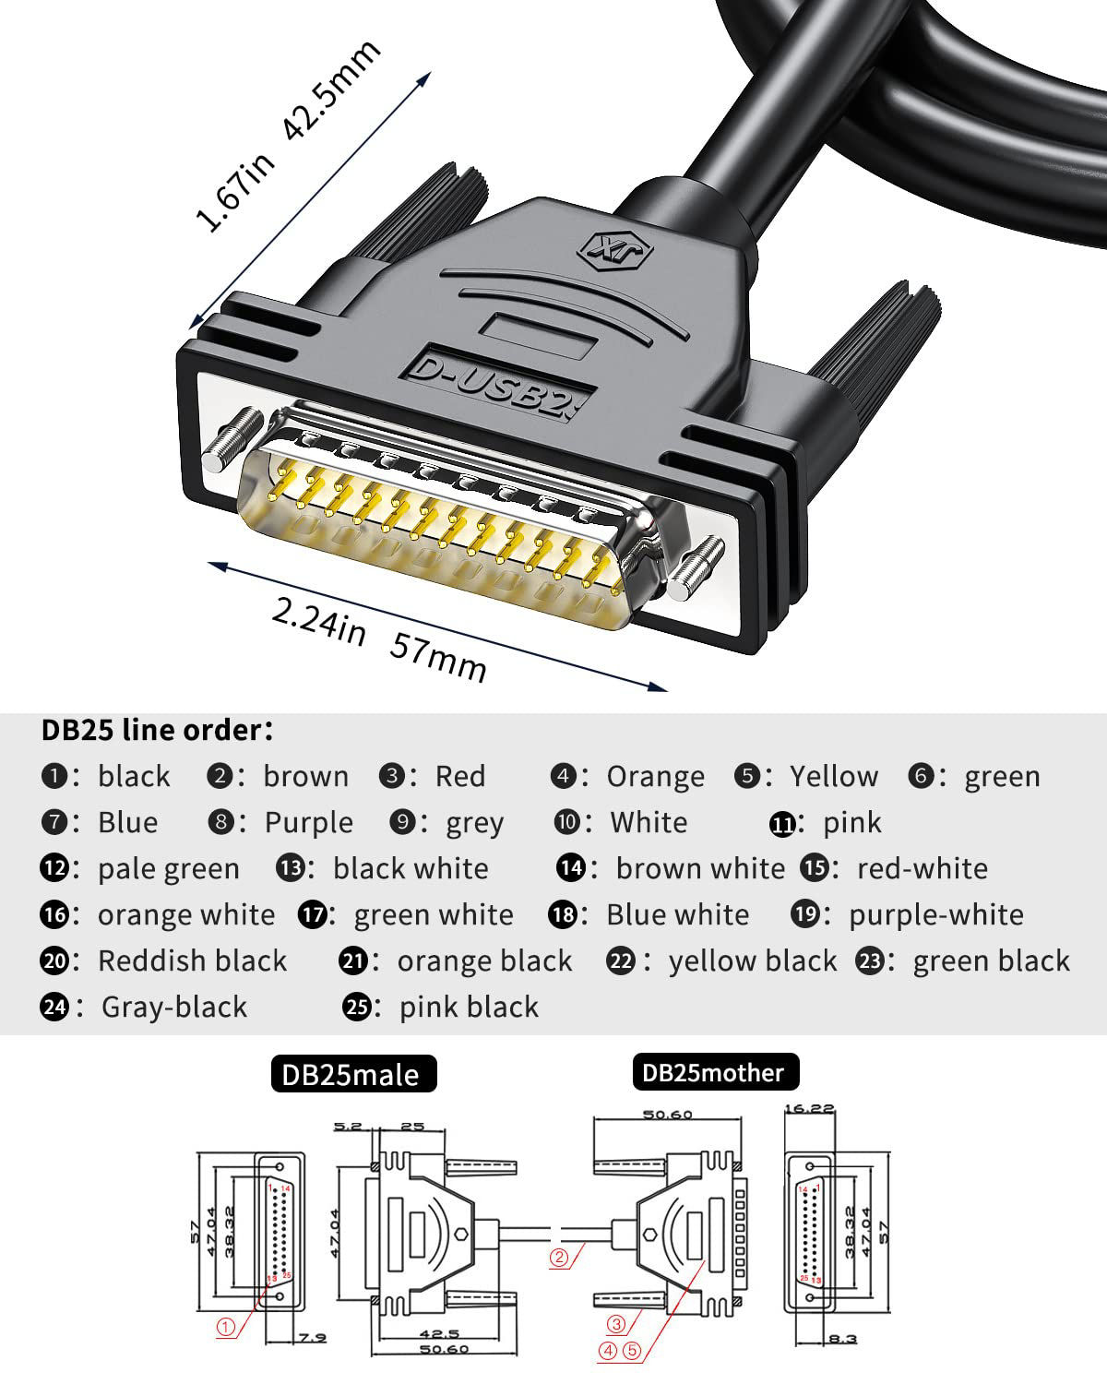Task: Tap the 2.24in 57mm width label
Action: [378, 638]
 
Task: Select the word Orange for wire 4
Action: [655, 777]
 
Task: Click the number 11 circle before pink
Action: [782, 824]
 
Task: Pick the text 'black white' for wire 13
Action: [411, 868]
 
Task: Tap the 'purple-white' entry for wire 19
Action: [935, 914]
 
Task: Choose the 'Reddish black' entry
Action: [192, 960]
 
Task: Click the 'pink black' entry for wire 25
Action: [469, 1007]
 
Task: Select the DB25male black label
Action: [352, 1074]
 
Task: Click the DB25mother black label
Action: [714, 1072]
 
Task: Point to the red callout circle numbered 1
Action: [226, 1328]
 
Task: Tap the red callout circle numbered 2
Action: [559, 1257]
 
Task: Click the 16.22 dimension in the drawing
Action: [808, 1108]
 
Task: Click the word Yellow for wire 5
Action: [834, 777]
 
